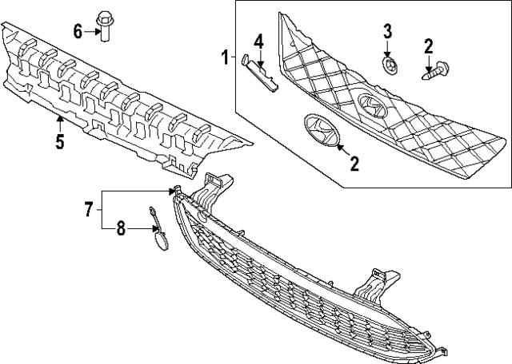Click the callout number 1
click(226, 57)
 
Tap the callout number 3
click(387, 32)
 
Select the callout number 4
click(258, 42)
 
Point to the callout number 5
click(60, 141)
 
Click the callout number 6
click(78, 32)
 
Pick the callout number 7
click(89, 209)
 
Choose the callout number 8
click(121, 228)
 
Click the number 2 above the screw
click(429, 46)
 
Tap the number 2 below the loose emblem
click(354, 164)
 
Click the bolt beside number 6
click(104, 26)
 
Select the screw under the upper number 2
click(435, 70)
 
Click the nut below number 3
click(389, 65)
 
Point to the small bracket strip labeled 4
click(259, 73)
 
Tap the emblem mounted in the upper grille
click(372, 105)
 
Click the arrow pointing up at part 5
click(60, 124)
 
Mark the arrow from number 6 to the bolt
click(92, 32)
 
